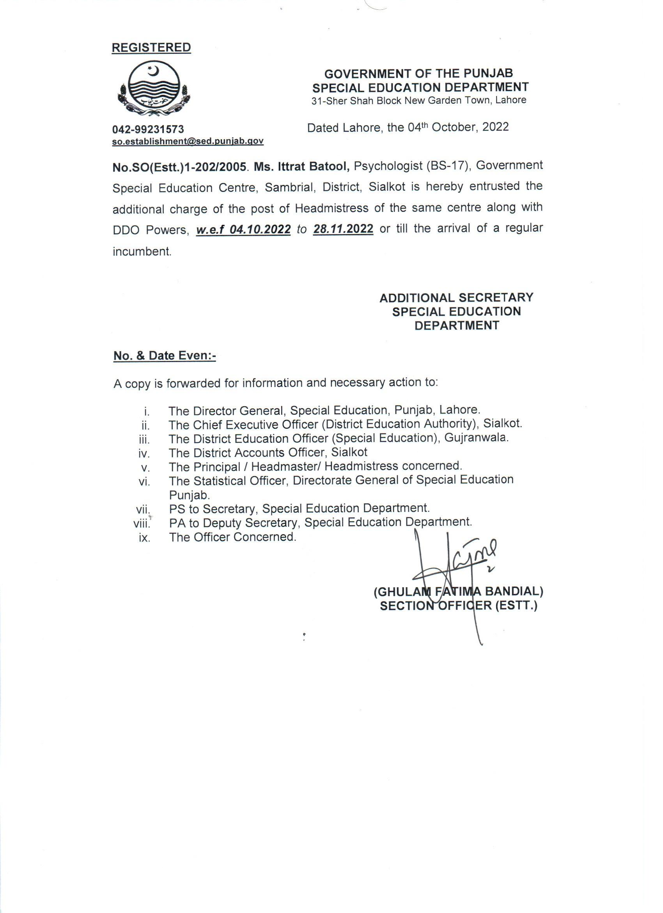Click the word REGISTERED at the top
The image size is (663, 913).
click(x=151, y=48)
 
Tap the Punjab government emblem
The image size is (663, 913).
click(x=152, y=90)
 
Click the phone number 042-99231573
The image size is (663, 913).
click(x=148, y=129)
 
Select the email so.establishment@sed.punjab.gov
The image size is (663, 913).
click(x=188, y=141)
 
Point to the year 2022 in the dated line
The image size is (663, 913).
click(x=495, y=127)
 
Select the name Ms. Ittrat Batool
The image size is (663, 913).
click(x=302, y=166)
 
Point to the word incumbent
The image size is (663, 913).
click(x=142, y=252)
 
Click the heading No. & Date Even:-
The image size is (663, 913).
click(x=165, y=356)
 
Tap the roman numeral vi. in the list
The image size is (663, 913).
click(x=144, y=482)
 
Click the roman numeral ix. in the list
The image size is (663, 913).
click(x=144, y=538)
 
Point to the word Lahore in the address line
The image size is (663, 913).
click(x=511, y=100)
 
